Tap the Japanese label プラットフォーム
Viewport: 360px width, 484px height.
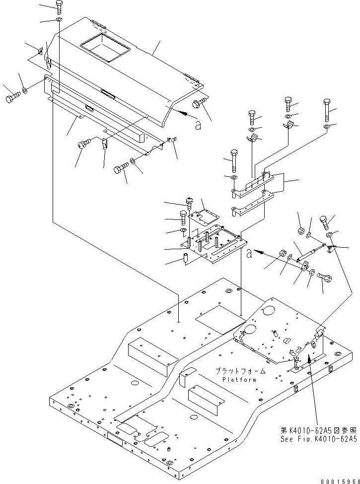pos(240,371)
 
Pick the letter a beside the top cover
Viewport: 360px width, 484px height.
pos(199,126)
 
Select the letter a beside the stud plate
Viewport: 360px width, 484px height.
pos(248,254)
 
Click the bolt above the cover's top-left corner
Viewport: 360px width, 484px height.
pos(59,7)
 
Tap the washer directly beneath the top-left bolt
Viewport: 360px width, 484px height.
pos(59,20)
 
